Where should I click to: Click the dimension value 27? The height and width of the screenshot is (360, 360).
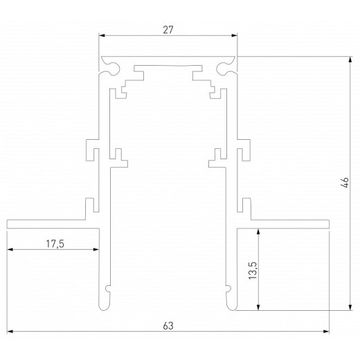168,30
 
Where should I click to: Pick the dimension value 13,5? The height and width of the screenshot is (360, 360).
253,270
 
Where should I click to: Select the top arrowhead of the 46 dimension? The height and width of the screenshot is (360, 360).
350,60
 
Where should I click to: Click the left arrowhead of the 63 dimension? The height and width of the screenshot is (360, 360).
11,332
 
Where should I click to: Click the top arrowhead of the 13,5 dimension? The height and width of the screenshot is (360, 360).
259,232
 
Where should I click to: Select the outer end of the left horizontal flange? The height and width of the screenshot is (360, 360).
9,224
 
